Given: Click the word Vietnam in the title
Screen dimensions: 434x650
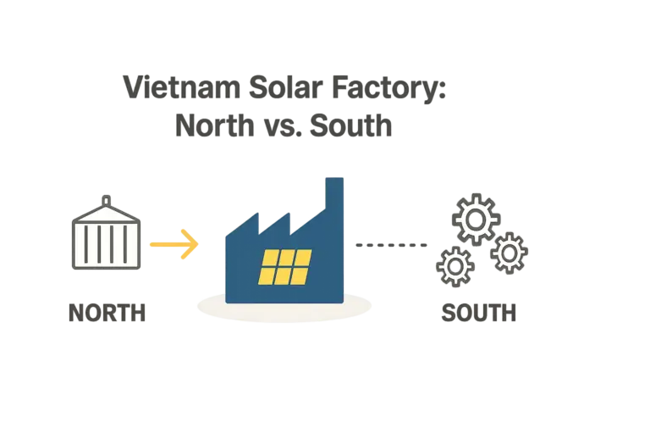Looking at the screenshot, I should [x=170, y=88].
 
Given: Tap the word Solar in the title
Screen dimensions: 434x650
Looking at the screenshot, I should [x=272, y=88].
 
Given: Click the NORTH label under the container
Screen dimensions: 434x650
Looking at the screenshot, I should [x=107, y=314].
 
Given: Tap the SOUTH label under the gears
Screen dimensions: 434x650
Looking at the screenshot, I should [x=480, y=314].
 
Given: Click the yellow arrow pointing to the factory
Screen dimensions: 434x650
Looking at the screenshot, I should [x=175, y=244].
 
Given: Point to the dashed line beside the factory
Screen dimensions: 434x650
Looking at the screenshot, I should [x=391, y=245].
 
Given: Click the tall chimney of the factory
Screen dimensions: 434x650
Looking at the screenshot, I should [x=334, y=203].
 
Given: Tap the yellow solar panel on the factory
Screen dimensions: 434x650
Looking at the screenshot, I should [x=285, y=266].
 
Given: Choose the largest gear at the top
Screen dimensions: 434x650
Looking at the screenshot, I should [x=476, y=218].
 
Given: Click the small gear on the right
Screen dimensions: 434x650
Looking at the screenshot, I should [x=510, y=252].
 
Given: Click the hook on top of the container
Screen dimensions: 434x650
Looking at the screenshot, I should [x=106, y=198].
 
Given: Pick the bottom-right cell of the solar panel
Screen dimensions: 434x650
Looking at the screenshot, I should [x=300, y=275].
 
